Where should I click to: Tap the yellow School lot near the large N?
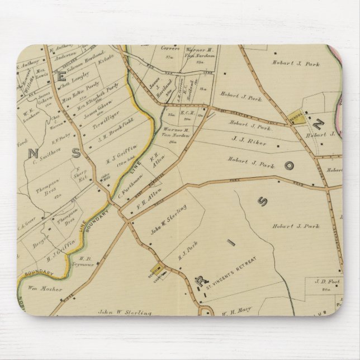point(300,116)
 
